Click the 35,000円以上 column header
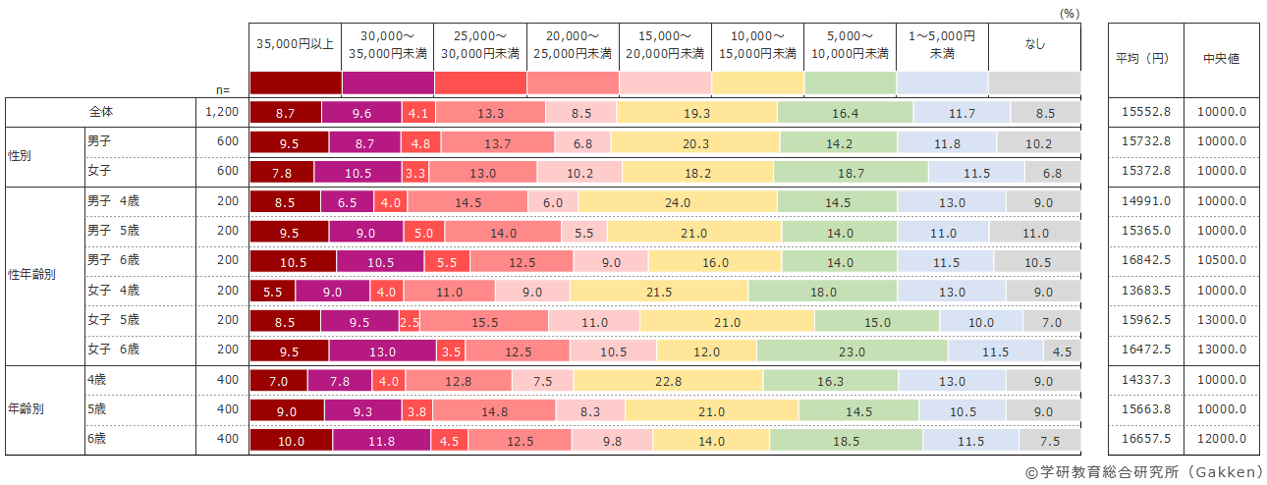[x=295, y=44]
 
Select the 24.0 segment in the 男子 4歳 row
[x=678, y=202]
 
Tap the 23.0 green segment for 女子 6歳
[x=852, y=350]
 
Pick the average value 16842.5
[x=1146, y=261]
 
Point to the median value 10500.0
[x=1221, y=261]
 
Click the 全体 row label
[x=101, y=112]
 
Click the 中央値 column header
[x=1221, y=58]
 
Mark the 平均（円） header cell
[x=1146, y=58]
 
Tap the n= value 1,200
[x=222, y=112]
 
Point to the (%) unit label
[x=1070, y=14]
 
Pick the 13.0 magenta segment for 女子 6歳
[x=381, y=350]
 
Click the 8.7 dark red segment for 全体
[x=286, y=113]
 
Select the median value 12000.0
[x=1221, y=439]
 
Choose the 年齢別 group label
[x=28, y=409]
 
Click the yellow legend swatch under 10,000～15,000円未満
[x=757, y=82]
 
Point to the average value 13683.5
[x=1146, y=291]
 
